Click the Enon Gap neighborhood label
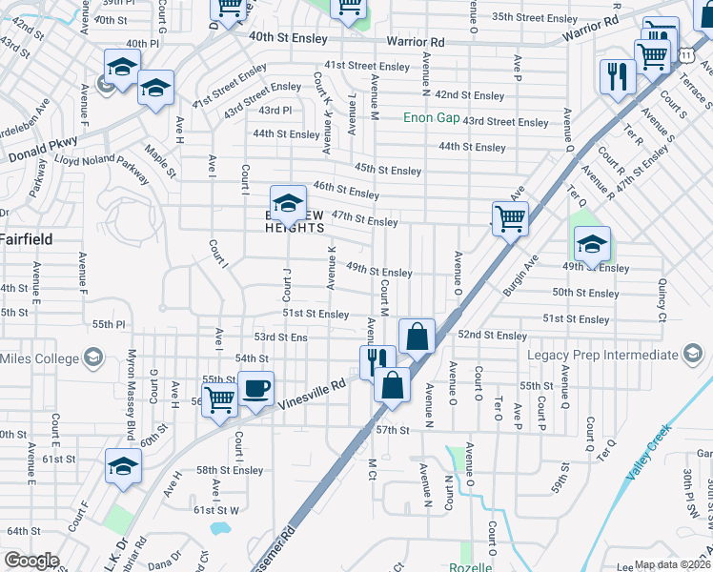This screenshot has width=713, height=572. (x=431, y=118)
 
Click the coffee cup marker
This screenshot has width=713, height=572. (x=256, y=390)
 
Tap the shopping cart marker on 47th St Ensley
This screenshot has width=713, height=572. (x=510, y=219)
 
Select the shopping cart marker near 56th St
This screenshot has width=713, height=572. (x=219, y=401)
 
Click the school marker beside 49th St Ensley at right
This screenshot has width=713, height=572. (x=592, y=245)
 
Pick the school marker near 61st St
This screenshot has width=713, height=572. (x=124, y=468)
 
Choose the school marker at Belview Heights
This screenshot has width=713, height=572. (x=288, y=203)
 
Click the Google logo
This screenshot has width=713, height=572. (x=31, y=561)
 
